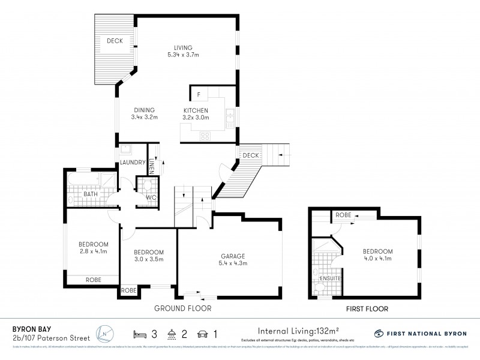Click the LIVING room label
pyautogui.click(x=183, y=48)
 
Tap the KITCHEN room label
pyautogui.click(x=196, y=110)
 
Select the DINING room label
pyautogui.click(x=144, y=110)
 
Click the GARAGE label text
pyautogui.click(x=230, y=256)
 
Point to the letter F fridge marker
pyautogui.click(x=198, y=95)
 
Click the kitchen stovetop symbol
pyautogui.click(x=205, y=136)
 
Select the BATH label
pyautogui.click(x=91, y=194)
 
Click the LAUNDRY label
pyautogui.click(x=133, y=163)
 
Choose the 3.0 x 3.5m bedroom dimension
pyautogui.click(x=148, y=259)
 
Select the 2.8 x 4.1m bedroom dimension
pyautogui.click(x=93, y=251)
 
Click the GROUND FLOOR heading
pyautogui.click(x=183, y=308)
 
